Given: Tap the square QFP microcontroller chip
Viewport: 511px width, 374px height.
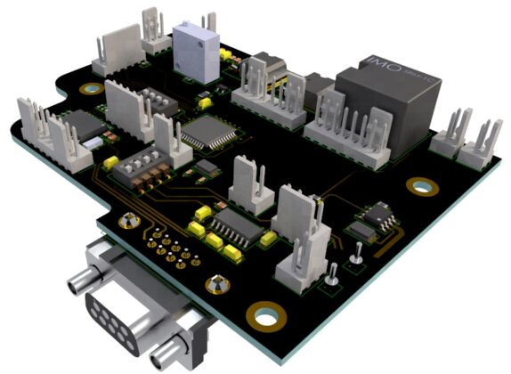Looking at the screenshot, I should click(x=208, y=133).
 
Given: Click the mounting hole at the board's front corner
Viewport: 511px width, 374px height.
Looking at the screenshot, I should click(x=264, y=314).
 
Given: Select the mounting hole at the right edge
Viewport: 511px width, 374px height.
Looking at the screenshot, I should click(x=420, y=184).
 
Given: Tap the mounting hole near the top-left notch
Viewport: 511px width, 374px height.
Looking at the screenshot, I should click(x=91, y=89).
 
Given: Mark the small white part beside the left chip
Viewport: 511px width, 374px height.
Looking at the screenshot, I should click(x=92, y=141).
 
